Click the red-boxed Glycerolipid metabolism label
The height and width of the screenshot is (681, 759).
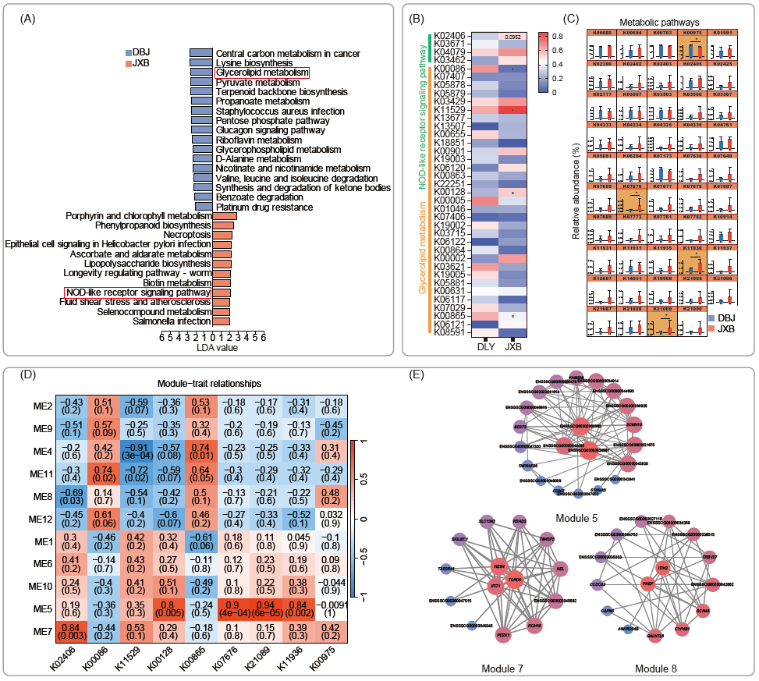pyautogui.click(x=262, y=73)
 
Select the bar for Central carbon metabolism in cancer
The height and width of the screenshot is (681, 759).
pyautogui.click(x=201, y=53)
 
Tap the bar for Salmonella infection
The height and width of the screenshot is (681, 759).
pyautogui.click(x=221, y=321)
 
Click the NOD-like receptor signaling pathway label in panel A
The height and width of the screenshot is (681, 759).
pyautogui.click(x=138, y=292)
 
